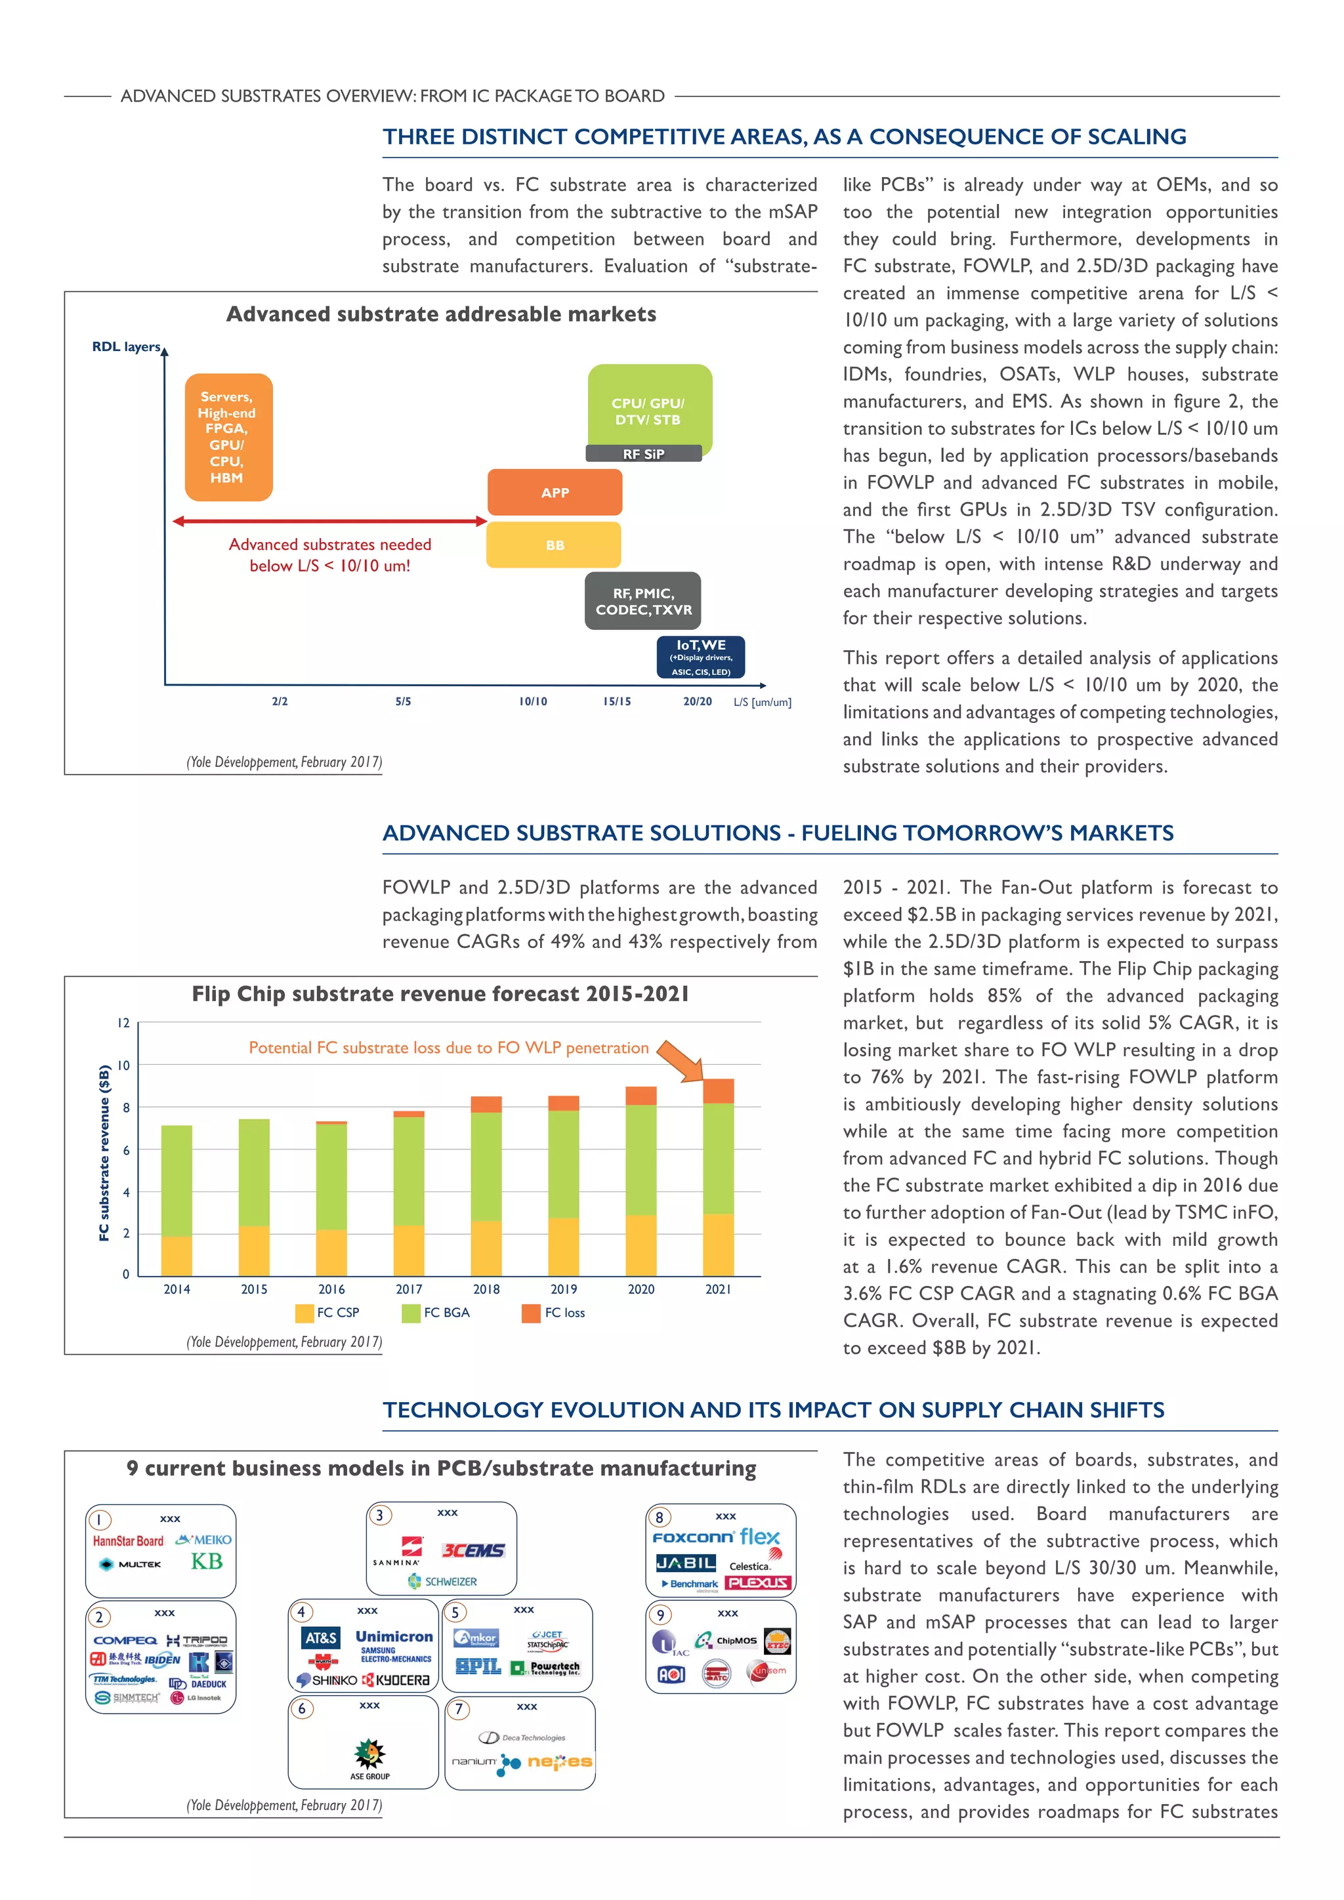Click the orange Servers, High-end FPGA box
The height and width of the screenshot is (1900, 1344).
pyautogui.click(x=228, y=437)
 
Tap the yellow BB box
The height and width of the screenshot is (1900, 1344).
pyautogui.click(x=554, y=545)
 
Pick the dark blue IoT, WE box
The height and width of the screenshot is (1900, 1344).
pyautogui.click(x=701, y=657)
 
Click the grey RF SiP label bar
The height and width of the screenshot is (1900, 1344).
pyautogui.click(x=644, y=453)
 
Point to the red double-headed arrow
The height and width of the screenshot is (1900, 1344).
pyautogui.click(x=329, y=522)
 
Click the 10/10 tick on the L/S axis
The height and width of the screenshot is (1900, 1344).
pyautogui.click(x=533, y=701)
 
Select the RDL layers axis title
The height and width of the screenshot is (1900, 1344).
pyautogui.click(x=126, y=346)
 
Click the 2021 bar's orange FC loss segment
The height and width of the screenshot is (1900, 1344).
pyautogui.click(x=717, y=1090)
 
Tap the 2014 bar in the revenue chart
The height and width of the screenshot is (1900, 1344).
pyautogui.click(x=177, y=1200)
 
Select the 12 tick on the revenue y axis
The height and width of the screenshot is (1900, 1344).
pyautogui.click(x=123, y=1023)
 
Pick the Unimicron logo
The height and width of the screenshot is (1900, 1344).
pyautogui.click(x=394, y=1637)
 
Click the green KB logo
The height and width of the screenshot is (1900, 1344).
pyautogui.click(x=207, y=1561)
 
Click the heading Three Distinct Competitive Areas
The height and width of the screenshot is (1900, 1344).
pyautogui.click(x=784, y=136)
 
